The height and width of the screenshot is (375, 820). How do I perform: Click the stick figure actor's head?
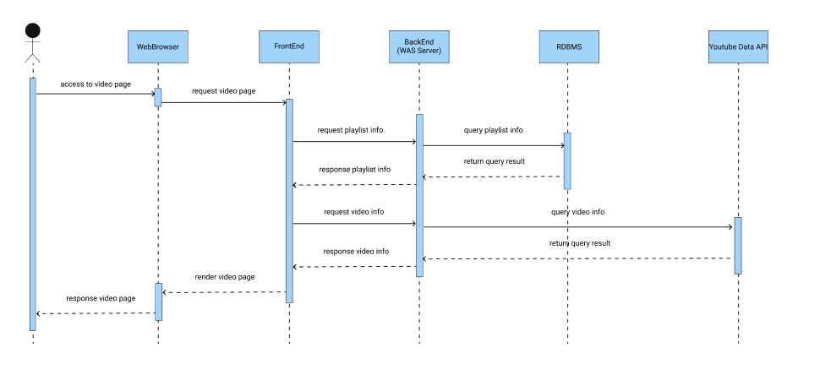tap(32, 31)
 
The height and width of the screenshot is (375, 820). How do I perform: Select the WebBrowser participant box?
tap(157, 47)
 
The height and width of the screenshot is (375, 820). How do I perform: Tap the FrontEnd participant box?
tap(289, 47)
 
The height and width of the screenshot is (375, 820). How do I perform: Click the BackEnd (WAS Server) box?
tap(419, 47)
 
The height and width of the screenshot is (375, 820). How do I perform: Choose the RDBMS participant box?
tap(567, 47)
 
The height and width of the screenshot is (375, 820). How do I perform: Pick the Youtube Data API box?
tap(738, 47)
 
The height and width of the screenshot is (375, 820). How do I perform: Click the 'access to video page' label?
tap(96, 84)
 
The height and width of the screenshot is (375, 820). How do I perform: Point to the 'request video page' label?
tap(223, 91)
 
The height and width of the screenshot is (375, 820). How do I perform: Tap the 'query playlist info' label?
tap(493, 131)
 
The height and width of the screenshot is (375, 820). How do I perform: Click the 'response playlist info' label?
tap(355, 170)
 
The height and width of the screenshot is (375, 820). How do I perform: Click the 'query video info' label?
tap(577, 212)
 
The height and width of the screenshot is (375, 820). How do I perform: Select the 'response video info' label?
tap(356, 252)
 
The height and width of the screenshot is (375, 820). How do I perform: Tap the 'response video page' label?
tap(101, 299)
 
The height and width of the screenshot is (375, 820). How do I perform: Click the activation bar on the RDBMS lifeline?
tap(567, 160)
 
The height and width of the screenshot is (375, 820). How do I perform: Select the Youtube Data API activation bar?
tap(738, 246)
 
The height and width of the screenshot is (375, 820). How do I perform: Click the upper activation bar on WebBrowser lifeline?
tap(157, 97)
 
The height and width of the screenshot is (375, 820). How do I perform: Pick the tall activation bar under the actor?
tap(33, 203)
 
